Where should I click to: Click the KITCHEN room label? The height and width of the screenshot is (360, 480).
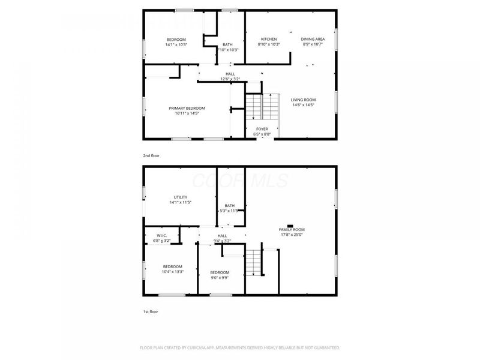click(x=269, y=39)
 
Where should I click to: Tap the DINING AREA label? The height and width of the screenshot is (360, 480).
click(x=313, y=39)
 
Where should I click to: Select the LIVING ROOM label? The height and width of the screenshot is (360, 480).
click(x=303, y=100)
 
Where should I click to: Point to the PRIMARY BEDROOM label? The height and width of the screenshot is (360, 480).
click(x=187, y=108)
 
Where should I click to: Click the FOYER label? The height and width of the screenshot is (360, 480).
click(x=262, y=129)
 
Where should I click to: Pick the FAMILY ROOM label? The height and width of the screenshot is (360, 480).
click(x=292, y=230)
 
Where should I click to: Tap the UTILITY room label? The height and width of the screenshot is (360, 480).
click(x=181, y=197)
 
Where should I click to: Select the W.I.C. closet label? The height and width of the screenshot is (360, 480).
click(x=162, y=236)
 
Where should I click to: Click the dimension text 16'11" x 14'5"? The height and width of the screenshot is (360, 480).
click(x=187, y=113)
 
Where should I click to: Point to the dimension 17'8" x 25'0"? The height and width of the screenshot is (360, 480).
click(x=292, y=235)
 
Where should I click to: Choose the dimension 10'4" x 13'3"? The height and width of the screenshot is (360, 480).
click(x=172, y=272)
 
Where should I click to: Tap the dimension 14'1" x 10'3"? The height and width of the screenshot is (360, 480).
click(x=176, y=44)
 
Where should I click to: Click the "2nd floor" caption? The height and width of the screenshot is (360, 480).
click(x=151, y=155)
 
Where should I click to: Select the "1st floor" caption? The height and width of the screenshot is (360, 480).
click(x=151, y=311)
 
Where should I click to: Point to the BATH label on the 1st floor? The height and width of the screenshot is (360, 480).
click(x=230, y=206)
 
